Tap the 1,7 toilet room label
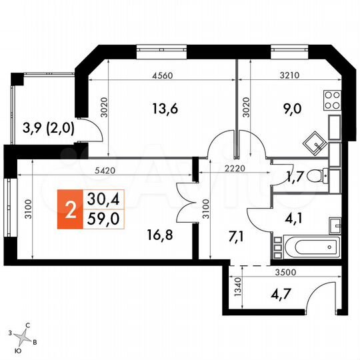297,178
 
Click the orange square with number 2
69,207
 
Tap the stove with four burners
331,102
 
